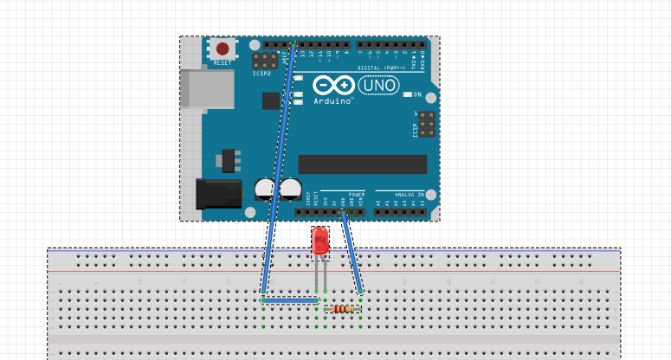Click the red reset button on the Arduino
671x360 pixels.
pyautogui.click(x=223, y=49)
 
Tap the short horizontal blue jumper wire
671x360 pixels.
pyautogui.click(x=291, y=300)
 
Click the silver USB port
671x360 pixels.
pyautogui.click(x=207, y=89)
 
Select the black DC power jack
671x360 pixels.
pyautogui.click(x=217, y=193)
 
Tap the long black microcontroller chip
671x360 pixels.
pyautogui.click(x=362, y=164)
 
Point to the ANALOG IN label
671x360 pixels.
pyautogui.click(x=410, y=194)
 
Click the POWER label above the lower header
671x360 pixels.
pyautogui.click(x=357, y=194)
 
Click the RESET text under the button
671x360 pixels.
pyautogui.click(x=223, y=63)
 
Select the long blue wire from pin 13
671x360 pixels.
pyautogui.click(x=279, y=164)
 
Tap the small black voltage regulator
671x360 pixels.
pyautogui.click(x=229, y=160)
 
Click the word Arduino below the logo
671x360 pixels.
pyautogui.click(x=333, y=101)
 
